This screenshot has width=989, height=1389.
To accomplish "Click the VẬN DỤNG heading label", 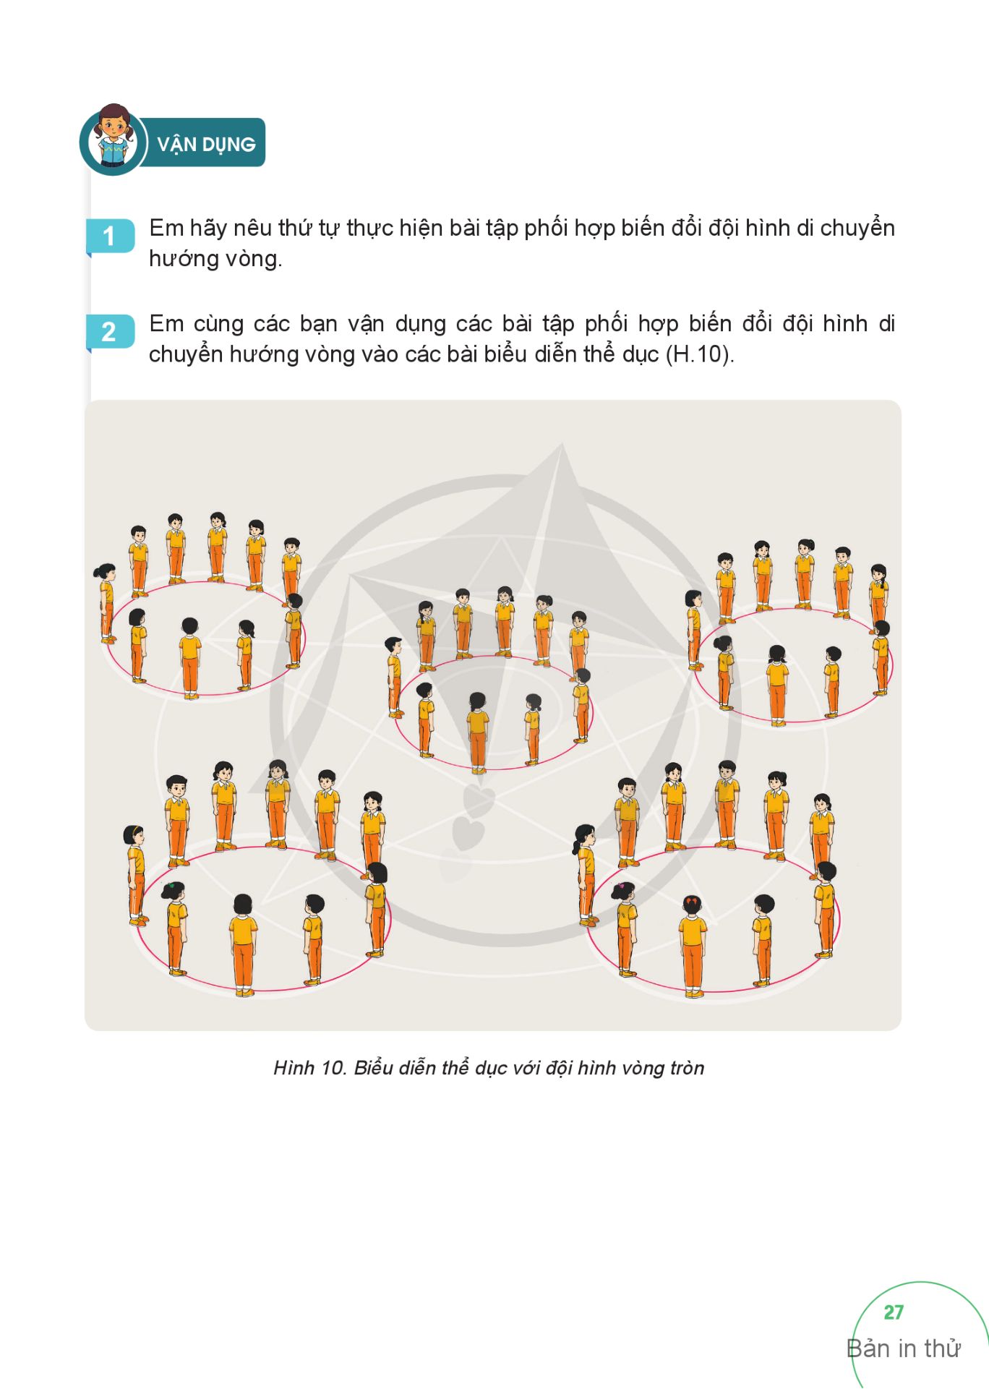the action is point(206,144).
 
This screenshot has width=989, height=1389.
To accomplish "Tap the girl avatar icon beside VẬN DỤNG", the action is point(113,140).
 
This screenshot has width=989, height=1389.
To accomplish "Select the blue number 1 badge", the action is point(110,236).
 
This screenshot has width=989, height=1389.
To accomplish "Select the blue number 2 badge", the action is point(110,332).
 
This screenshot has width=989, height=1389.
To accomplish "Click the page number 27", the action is point(894,1312).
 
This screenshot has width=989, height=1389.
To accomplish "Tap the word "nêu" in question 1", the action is point(252,228).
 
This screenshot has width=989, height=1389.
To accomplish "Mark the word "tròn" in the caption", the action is point(685,1068).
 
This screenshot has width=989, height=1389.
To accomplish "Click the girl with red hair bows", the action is point(693,944).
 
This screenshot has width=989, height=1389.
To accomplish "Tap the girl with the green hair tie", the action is point(175,928).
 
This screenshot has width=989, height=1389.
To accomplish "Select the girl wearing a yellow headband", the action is point(136,875).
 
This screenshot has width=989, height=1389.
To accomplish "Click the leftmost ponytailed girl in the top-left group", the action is point(106,603).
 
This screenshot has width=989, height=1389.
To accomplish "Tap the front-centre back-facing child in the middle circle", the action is point(477,732).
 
